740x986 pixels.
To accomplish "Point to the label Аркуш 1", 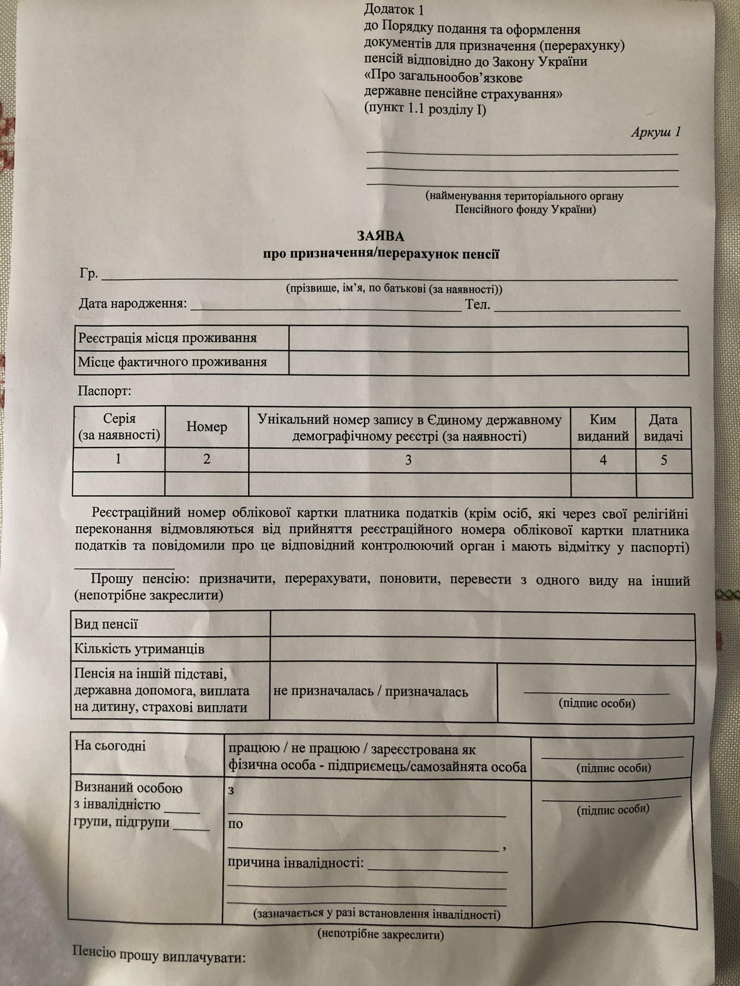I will pyautogui.click(x=655, y=132).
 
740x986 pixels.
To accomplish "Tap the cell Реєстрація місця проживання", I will pyautogui.click(x=168, y=338).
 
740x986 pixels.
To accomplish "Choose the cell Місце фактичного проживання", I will pyautogui.click(x=172, y=362).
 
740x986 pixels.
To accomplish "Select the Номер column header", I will pyautogui.click(x=207, y=427).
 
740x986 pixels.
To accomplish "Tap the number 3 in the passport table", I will pyautogui.click(x=408, y=460).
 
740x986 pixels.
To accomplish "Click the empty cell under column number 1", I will pyautogui.click(x=118, y=484).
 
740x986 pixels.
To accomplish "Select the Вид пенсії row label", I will pyautogui.click(x=106, y=624).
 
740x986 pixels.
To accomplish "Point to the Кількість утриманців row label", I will pyautogui.click(x=139, y=649).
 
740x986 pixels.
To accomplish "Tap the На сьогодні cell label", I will pyautogui.click(x=110, y=745).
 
